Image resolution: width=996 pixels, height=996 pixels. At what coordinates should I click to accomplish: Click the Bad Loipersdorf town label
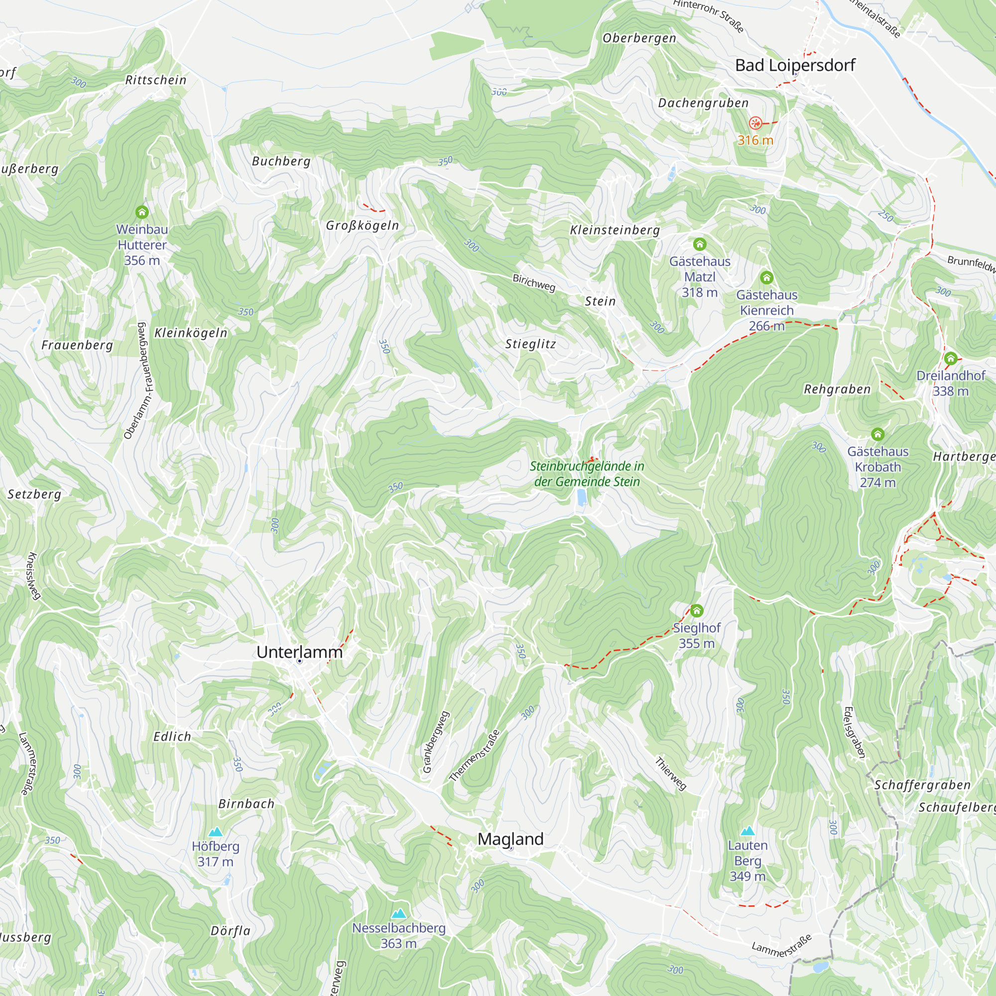pos(794,65)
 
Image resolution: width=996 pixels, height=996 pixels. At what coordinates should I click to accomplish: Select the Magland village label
pos(510,839)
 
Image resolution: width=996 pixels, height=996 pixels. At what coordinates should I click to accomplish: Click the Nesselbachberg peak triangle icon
pos(398,914)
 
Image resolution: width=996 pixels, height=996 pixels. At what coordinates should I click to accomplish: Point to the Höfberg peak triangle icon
pos(216,832)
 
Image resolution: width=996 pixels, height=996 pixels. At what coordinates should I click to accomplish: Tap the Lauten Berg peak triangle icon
pos(747,831)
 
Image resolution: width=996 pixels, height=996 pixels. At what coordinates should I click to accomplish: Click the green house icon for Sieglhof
pos(697,611)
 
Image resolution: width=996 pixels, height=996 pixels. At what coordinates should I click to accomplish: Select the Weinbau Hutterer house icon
pos(142,212)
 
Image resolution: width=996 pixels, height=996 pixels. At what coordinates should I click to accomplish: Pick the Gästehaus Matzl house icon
pos(700,244)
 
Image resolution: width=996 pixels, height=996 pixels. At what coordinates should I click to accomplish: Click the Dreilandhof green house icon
pos(951,358)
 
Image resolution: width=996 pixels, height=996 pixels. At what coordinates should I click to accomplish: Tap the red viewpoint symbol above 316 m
pos(755,123)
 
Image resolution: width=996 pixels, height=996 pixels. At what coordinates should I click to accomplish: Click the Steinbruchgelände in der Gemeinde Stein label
pos(587,474)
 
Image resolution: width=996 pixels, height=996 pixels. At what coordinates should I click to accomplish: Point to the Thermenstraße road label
pos(474,756)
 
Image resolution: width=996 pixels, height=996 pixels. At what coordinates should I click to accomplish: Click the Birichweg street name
pos(533,282)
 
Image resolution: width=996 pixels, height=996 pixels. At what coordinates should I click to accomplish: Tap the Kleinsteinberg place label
pos(615,230)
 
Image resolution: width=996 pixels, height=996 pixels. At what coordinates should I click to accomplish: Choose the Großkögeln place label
pos(363,225)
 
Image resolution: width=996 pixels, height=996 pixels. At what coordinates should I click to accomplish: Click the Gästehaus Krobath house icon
pos(877,434)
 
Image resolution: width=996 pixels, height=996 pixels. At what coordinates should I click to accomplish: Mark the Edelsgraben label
pos(854,732)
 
